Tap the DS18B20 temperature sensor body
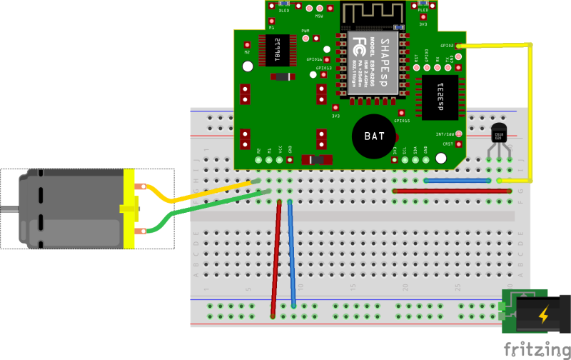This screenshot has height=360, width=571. pyautogui.click(x=499, y=134)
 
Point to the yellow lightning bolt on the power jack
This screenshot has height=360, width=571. pyautogui.click(x=543, y=314)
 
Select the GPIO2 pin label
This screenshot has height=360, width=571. pyautogui.click(x=448, y=44)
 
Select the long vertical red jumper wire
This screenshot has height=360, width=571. pyautogui.click(x=276, y=257)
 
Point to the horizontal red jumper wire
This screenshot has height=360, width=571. pyautogui.click(x=452, y=191)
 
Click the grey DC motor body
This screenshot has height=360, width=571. pyautogui.click(x=64, y=209)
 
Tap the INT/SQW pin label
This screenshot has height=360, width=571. pyautogui.click(x=445, y=134)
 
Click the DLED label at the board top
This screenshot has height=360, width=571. pyautogui.click(x=283, y=11)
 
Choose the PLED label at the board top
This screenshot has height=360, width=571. pyautogui.click(x=423, y=10)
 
